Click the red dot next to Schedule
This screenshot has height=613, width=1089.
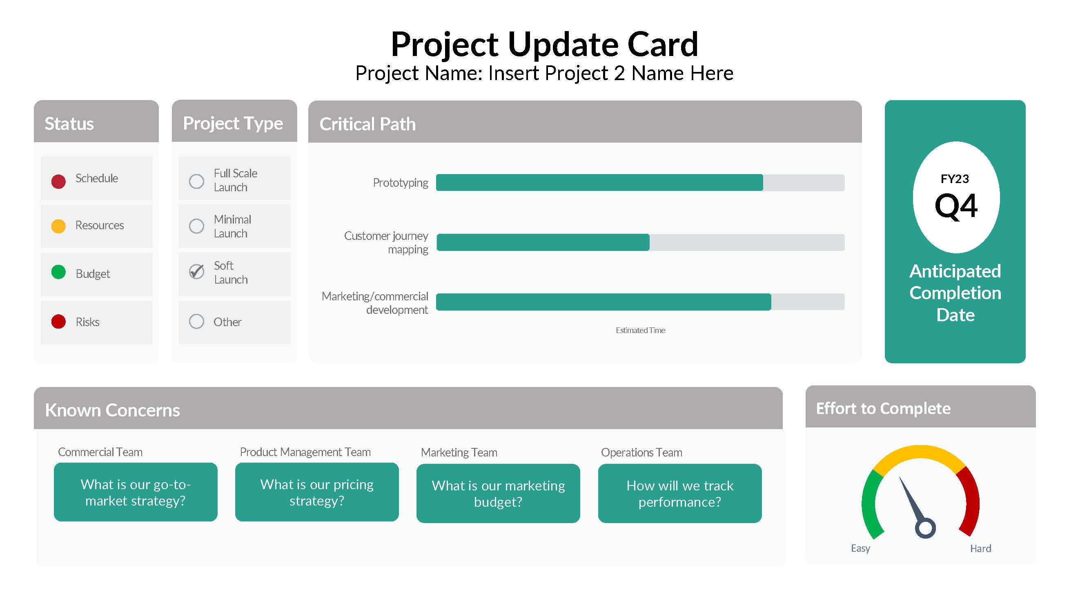58,181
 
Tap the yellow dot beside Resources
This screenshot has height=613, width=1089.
58,226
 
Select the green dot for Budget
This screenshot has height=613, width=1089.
58,272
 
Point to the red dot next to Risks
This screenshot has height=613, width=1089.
58,322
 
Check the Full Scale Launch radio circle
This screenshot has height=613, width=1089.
196,181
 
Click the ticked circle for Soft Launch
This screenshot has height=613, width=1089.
196,272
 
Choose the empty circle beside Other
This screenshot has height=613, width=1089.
196,322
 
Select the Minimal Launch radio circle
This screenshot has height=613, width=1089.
196,226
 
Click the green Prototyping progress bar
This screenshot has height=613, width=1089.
599,183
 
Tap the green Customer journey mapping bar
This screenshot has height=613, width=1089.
543,242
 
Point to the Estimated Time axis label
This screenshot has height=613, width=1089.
640,330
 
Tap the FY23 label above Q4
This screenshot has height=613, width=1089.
955,179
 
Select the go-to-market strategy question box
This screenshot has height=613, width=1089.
136,492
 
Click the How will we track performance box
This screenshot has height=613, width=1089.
680,493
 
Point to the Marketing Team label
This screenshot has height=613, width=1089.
459,452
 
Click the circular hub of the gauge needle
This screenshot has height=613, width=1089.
925,528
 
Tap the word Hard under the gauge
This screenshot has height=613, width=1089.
980,549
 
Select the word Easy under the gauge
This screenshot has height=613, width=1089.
860,548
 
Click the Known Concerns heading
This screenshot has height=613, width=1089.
112,410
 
